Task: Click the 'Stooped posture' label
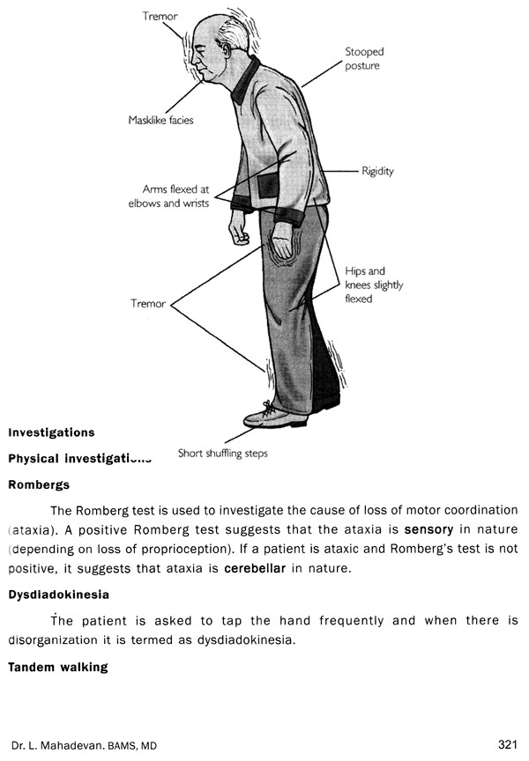click(x=364, y=58)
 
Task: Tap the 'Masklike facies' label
click(x=160, y=120)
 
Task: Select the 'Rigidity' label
click(x=377, y=170)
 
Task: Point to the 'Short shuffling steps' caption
click(x=222, y=454)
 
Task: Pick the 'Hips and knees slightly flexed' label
click(x=365, y=284)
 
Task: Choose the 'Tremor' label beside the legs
click(x=148, y=304)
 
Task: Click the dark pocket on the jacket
click(x=266, y=188)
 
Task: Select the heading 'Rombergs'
click(x=39, y=484)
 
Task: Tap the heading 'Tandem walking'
click(x=58, y=668)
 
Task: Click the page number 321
click(x=506, y=744)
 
